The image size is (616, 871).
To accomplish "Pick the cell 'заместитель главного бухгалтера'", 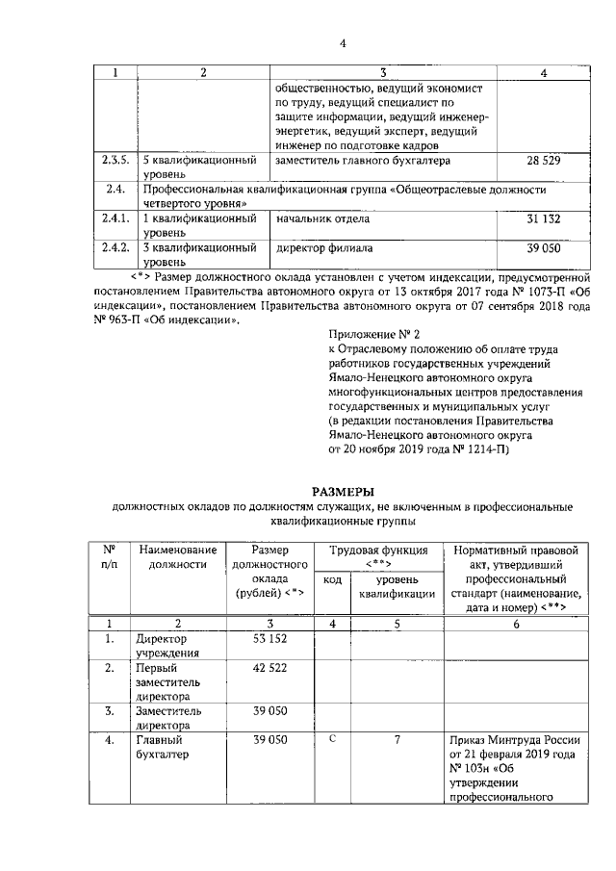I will coord(363,161).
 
